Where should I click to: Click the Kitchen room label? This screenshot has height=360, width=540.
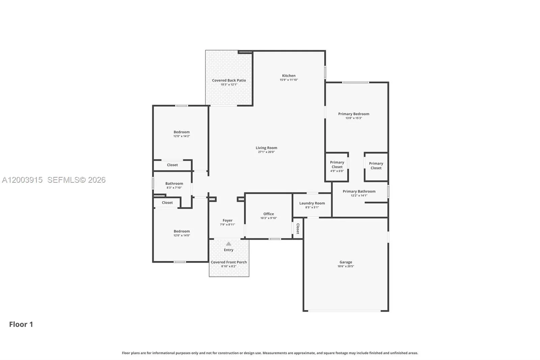(289, 76)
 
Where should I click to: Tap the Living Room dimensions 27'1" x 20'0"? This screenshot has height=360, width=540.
(266, 152)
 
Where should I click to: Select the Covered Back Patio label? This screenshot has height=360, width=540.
(229, 80)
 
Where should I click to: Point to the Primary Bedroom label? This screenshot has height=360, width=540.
(353, 114)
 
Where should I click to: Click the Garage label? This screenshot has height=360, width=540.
(346, 262)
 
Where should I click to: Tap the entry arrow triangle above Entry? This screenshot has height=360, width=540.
(228, 244)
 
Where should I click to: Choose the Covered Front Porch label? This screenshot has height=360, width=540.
(228, 262)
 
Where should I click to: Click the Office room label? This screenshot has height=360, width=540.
(268, 214)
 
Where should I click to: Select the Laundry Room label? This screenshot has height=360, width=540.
(312, 203)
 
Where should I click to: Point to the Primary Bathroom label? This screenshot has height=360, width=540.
(359, 191)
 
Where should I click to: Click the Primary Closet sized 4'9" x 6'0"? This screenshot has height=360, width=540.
(337, 164)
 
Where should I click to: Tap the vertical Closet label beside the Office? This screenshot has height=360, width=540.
(298, 229)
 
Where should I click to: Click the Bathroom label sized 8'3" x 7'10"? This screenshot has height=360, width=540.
(174, 183)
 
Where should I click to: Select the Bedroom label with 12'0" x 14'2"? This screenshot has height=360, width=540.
(182, 132)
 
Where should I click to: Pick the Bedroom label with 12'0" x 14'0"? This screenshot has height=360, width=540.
(182, 231)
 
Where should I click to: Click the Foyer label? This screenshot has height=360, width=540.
(227, 220)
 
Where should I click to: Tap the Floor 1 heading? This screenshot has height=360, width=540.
(21, 324)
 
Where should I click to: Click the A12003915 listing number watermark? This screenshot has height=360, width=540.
(22, 180)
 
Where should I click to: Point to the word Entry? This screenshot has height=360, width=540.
(228, 250)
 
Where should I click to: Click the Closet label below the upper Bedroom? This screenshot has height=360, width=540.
(172, 165)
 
